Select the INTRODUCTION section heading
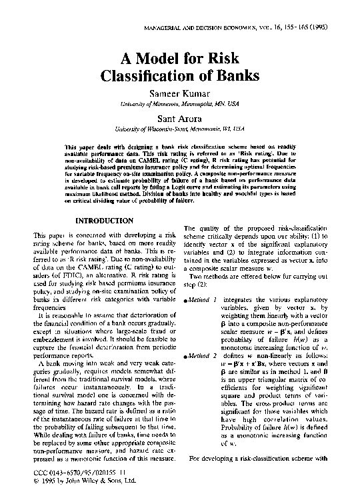pyautogui.click(x=107, y=220)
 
